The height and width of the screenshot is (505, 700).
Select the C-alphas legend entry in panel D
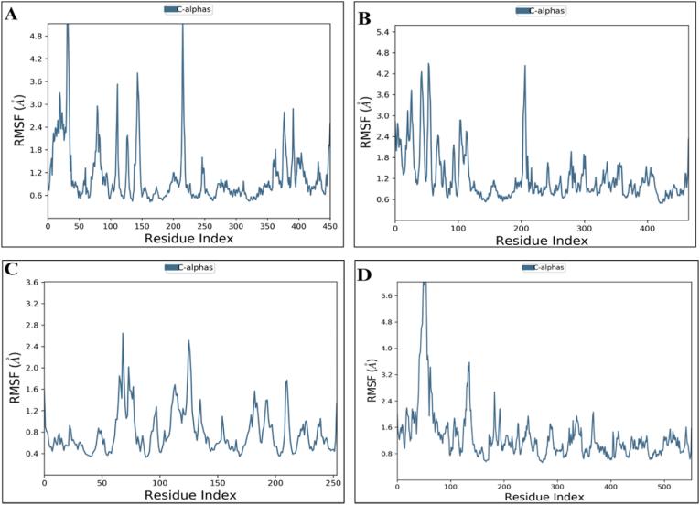pos(540,267)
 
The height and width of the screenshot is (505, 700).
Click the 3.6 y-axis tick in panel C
pos(31,283)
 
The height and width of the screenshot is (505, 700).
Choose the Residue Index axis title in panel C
pos(189,495)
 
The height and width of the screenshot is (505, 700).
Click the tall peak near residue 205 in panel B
pos(524,67)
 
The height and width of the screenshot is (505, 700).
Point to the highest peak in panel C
pos(123,334)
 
